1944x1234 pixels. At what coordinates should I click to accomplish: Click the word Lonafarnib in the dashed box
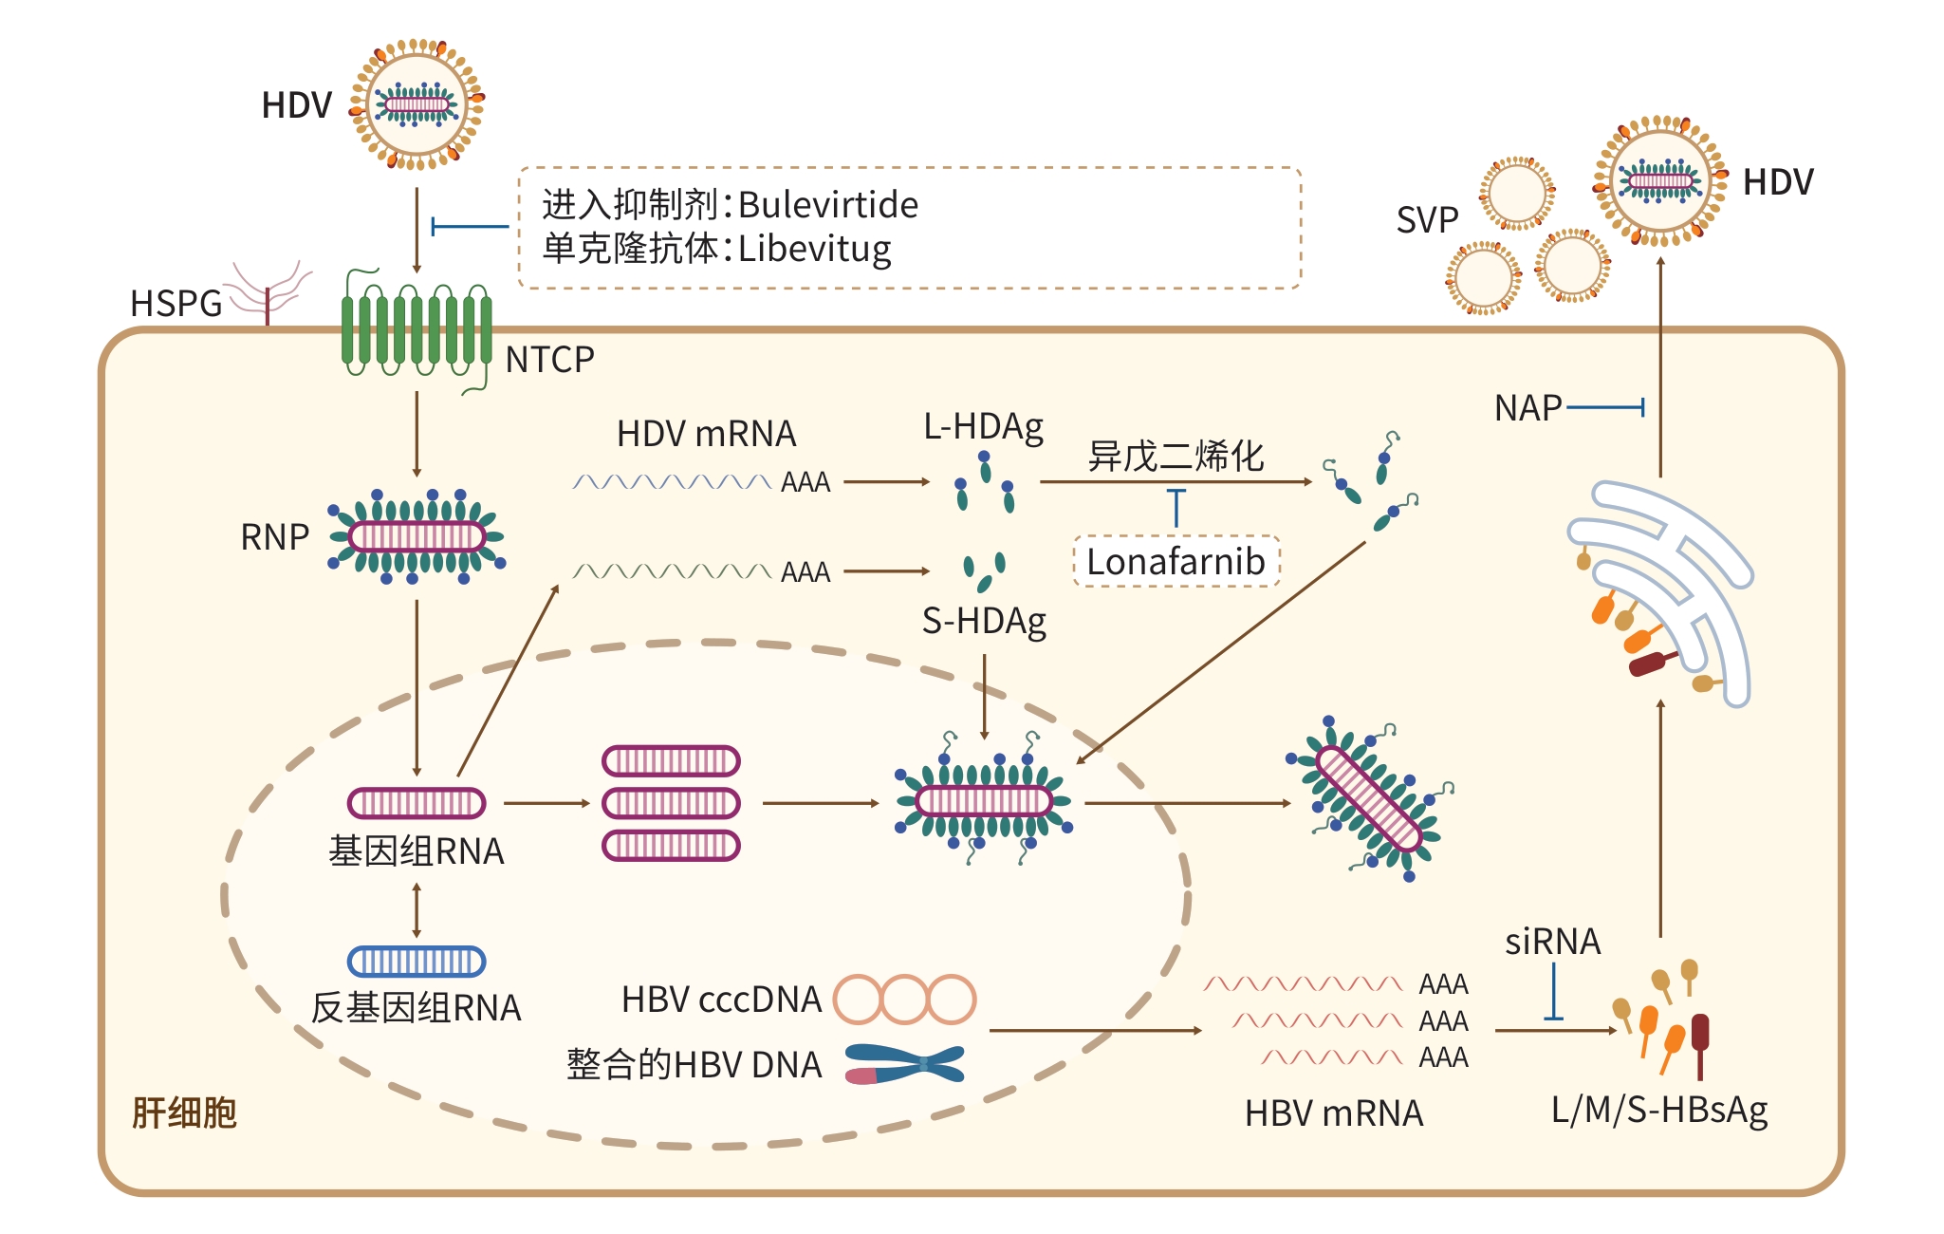click(1176, 561)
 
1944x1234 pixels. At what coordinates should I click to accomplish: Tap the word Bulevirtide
click(827, 205)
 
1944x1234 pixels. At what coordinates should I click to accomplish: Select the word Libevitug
click(814, 249)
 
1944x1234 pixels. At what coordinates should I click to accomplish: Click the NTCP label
click(549, 360)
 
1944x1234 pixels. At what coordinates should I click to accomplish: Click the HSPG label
click(176, 304)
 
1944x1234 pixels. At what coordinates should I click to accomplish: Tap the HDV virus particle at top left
click(417, 103)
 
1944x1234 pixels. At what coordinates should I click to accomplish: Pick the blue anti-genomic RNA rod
click(417, 962)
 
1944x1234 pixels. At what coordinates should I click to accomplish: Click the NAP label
click(1527, 408)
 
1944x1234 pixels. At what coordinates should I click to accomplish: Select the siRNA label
click(1552, 942)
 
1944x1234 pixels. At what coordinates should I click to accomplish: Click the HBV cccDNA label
click(721, 1000)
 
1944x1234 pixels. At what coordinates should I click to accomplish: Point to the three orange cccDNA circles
click(904, 1000)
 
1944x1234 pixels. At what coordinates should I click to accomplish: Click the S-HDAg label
click(984, 622)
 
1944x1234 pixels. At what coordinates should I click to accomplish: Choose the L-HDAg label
click(984, 427)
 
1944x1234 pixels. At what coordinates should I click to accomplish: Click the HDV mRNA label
click(706, 434)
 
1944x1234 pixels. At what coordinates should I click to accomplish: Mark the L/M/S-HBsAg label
click(1659, 1110)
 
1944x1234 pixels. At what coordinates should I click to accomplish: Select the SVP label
click(1427, 220)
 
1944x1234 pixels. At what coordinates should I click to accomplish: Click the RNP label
click(274, 537)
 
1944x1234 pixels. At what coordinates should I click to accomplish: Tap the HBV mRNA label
click(1334, 1113)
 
